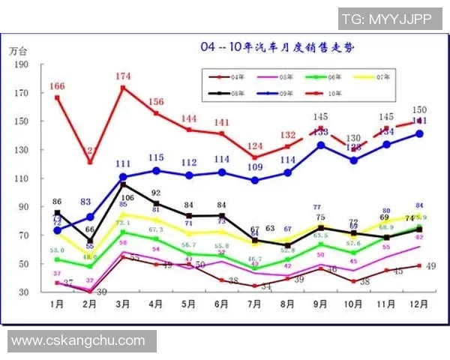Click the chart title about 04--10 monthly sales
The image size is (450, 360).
point(277,47)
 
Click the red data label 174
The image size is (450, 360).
point(124,76)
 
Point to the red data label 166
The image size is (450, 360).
point(57,86)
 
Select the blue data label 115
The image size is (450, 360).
point(156,157)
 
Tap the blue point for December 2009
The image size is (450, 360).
point(420,133)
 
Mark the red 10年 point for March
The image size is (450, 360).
point(123,88)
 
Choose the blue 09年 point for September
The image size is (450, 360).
point(321,145)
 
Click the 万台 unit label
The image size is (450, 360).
point(19,51)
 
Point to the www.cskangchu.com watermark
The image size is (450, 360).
point(78,340)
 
